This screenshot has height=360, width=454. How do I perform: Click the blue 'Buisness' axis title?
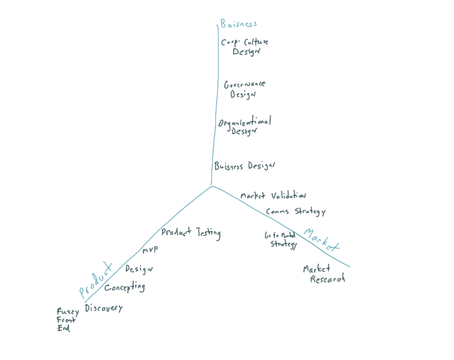click(239, 24)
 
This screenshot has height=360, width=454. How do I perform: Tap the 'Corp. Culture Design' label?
click(245, 47)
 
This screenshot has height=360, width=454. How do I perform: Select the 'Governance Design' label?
click(245, 89)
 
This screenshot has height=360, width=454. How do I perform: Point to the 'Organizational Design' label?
click(245, 126)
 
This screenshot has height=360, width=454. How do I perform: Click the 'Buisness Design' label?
click(245, 166)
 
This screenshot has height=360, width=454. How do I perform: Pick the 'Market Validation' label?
click(273, 195)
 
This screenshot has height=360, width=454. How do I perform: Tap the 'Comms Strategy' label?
click(296, 212)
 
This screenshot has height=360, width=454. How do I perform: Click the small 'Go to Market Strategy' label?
click(281, 240)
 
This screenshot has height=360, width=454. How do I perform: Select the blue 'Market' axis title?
click(321, 241)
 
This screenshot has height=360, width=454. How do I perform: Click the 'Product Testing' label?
click(191, 232)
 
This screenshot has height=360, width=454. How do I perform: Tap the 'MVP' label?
click(150, 251)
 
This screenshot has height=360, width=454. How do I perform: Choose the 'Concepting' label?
click(125, 287)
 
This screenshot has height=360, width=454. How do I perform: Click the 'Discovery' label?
click(103, 307)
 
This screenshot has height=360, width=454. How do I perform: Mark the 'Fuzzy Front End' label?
click(67, 320)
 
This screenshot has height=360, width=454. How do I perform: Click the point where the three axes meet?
click(212, 186)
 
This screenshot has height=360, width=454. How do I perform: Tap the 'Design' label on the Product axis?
click(139, 269)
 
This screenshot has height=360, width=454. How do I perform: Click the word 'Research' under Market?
click(327, 279)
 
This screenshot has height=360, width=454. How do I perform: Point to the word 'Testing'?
click(209, 233)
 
